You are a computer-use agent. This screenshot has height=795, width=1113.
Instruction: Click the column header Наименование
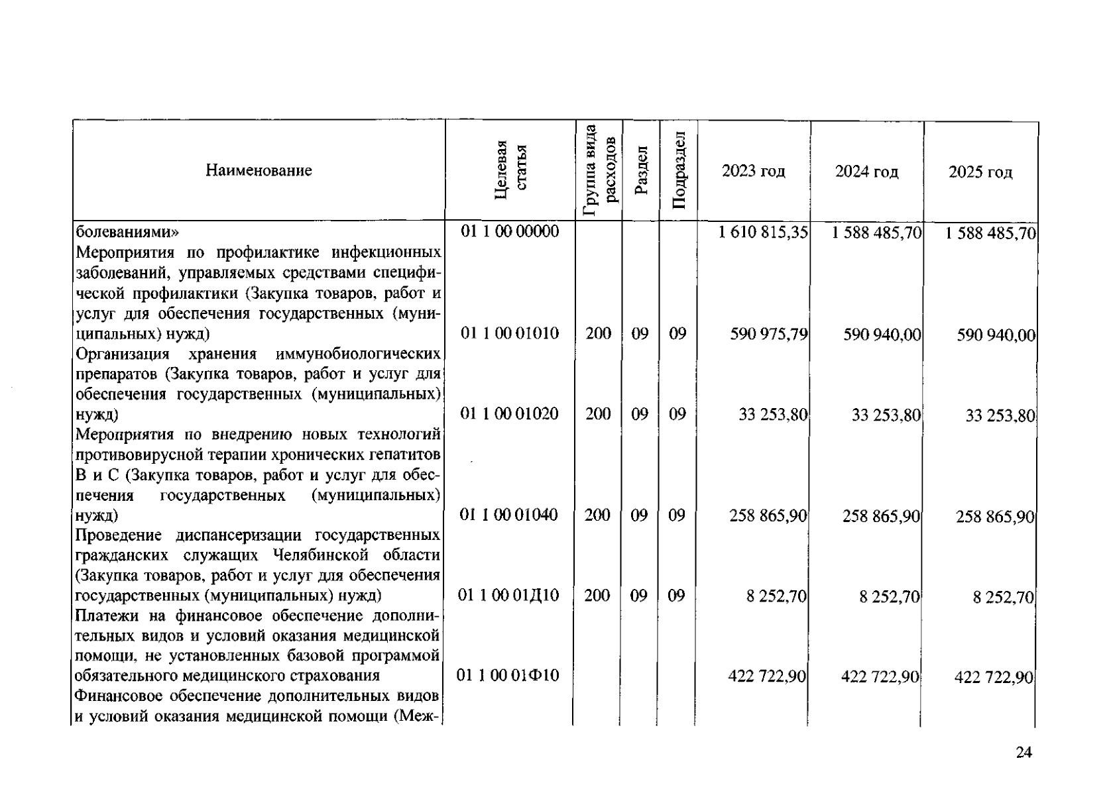coord(259,171)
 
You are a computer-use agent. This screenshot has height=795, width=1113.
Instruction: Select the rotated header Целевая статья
coord(511,170)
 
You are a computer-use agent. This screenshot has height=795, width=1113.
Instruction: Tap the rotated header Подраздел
coord(679,170)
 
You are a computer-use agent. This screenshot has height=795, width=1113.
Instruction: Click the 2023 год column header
coord(753,172)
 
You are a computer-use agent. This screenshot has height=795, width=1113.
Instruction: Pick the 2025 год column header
coord(980,173)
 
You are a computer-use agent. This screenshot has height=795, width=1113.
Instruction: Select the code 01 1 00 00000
coord(510,231)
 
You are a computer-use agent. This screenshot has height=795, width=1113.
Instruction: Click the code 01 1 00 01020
coord(510,414)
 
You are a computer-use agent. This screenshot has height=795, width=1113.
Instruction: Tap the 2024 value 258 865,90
coord(881,516)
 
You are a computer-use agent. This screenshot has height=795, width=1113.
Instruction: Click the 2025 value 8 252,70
coord(1003,598)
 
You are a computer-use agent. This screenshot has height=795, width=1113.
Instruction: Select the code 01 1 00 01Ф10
coord(508,676)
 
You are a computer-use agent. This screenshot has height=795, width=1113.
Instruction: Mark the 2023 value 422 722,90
coord(767,676)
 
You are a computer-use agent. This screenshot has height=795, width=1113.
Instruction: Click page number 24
coord(1024,753)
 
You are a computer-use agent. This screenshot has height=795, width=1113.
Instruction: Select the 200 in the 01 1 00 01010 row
coord(599,333)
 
